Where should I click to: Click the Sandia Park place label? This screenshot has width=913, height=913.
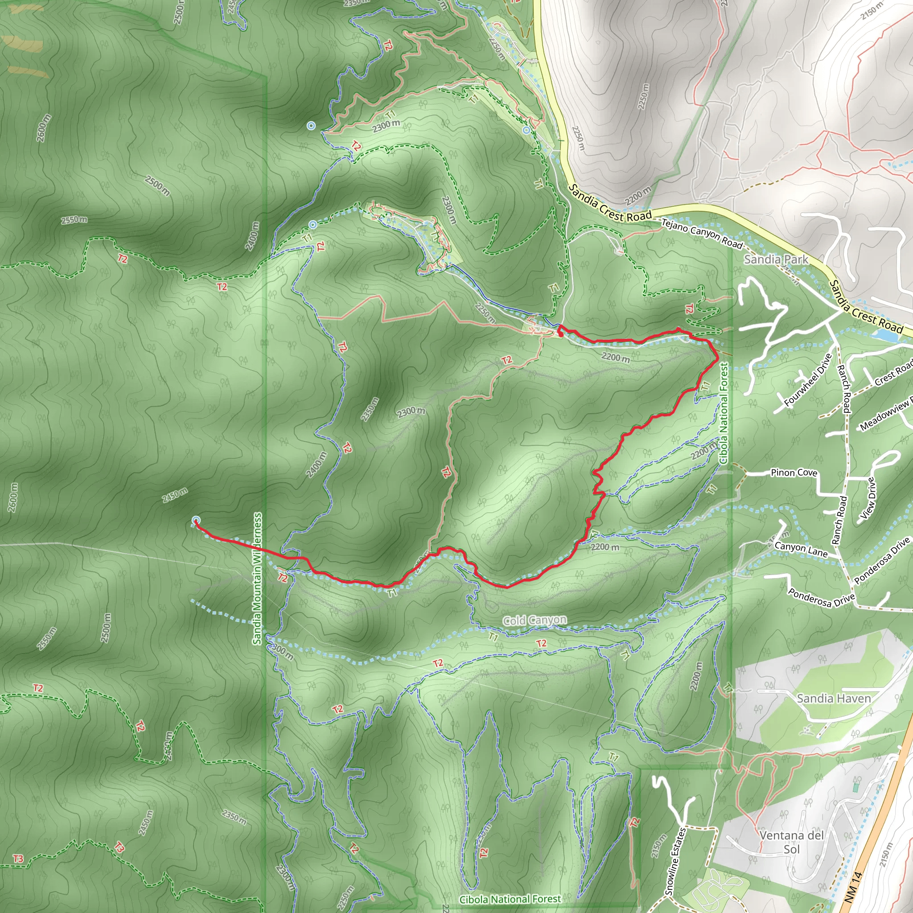776,259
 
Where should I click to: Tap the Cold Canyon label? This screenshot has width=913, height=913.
535,620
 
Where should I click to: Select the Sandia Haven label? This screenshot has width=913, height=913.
834,699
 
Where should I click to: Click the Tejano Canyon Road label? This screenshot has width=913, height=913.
702,233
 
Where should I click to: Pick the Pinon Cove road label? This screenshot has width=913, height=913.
794,473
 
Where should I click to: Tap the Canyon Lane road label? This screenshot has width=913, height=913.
801,549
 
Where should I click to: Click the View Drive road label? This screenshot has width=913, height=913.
868,498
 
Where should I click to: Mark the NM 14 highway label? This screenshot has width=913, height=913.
853,888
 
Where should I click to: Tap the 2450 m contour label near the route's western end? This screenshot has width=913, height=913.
174,496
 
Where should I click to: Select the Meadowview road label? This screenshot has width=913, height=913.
886,415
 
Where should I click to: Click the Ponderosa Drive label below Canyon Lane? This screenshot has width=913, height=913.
821,597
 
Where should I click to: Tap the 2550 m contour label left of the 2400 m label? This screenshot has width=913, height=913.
74,220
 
